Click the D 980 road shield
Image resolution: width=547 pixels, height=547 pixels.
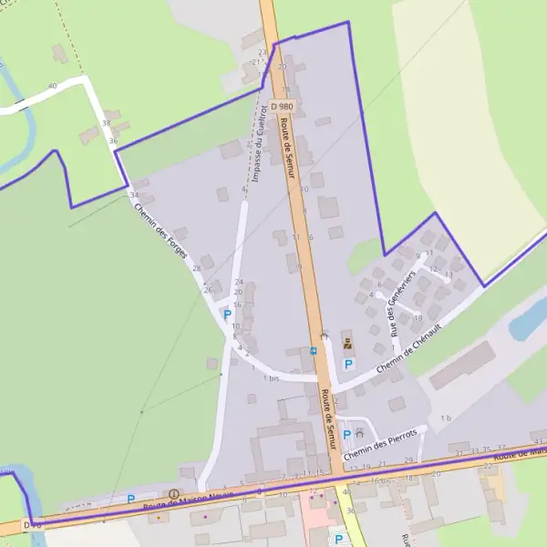282,107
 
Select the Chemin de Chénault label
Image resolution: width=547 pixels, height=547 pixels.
403,351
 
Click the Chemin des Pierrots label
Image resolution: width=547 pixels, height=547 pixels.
381,439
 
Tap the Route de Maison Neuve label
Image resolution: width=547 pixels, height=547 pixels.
188,498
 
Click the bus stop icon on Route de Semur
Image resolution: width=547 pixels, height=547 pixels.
314,349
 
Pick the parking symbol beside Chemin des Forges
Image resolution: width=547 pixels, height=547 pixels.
227,314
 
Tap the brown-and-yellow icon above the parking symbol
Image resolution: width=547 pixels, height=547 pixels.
347,344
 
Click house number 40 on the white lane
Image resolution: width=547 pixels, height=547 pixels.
52,86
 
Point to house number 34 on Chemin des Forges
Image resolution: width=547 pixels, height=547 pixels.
135,195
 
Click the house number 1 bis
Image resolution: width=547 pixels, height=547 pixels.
271,377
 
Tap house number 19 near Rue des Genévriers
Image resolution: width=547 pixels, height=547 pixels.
418,318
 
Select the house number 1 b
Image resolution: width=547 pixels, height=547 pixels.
446,418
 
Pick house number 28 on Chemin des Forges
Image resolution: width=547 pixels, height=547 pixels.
197,269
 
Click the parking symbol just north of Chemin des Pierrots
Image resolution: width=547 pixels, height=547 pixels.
347,434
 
